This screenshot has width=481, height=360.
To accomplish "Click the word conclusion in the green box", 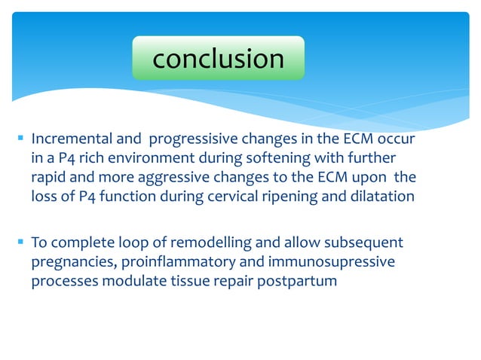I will [x=218, y=58].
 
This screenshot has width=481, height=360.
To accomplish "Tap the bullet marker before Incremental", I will [x=20, y=140].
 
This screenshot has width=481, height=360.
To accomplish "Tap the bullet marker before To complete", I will [x=20, y=243].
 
